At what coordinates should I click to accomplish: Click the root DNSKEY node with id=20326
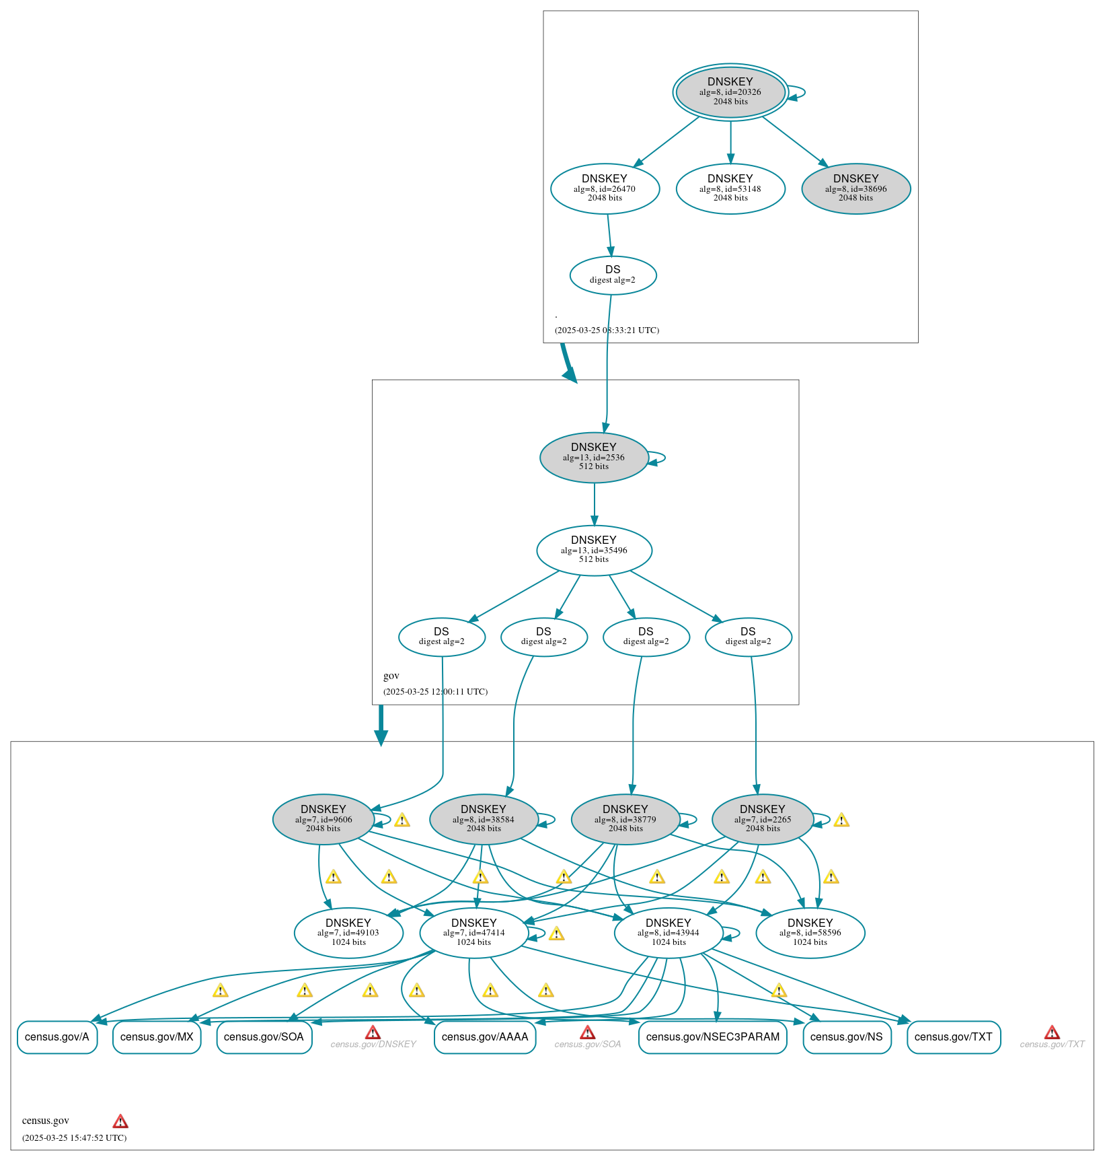point(730,92)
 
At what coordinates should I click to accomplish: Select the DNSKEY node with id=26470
point(604,188)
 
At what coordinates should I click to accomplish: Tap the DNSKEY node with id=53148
point(730,188)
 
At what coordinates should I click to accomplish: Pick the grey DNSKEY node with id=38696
point(855,188)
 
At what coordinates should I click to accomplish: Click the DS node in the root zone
point(612,275)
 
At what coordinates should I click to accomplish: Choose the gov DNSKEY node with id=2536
point(593,457)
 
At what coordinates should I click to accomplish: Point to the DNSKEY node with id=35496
point(593,550)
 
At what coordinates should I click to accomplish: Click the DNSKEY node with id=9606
point(323,819)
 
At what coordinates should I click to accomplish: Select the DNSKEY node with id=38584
point(483,819)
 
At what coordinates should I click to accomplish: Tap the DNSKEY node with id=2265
point(762,819)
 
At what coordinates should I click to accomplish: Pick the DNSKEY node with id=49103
point(348,933)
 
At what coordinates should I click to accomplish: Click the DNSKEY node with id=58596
point(810,933)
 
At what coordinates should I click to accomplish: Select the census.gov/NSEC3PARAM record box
point(712,1037)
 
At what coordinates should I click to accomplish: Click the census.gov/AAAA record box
point(484,1037)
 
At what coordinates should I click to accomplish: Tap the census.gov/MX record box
point(156,1037)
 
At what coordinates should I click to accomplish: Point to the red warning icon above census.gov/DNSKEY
point(373,1032)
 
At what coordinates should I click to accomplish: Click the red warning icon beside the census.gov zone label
point(120,1121)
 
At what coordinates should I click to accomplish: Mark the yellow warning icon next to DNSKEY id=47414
point(556,934)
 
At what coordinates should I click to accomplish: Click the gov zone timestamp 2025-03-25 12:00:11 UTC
point(435,692)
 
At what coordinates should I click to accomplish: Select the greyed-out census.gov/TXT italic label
point(1052,1045)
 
